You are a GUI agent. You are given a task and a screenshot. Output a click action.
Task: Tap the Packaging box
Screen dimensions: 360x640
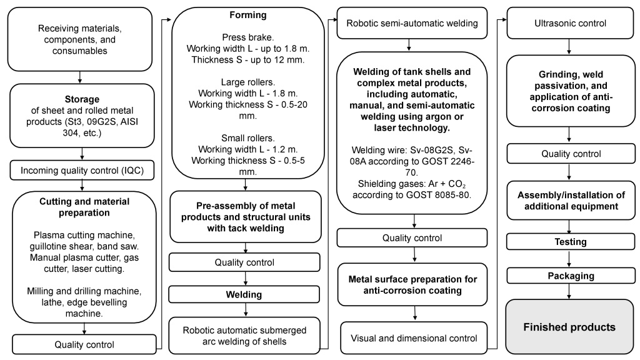point(567,276)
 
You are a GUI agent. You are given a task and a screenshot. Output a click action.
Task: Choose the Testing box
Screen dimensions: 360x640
point(567,241)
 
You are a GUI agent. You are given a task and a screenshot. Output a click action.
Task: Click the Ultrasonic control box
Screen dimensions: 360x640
point(567,22)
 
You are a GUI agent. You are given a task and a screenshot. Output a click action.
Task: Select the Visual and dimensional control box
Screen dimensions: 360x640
point(413,337)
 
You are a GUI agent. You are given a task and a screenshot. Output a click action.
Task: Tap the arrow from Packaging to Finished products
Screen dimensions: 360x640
point(567,291)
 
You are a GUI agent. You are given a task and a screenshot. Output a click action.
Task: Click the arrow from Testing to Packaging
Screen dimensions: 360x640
point(567,258)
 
